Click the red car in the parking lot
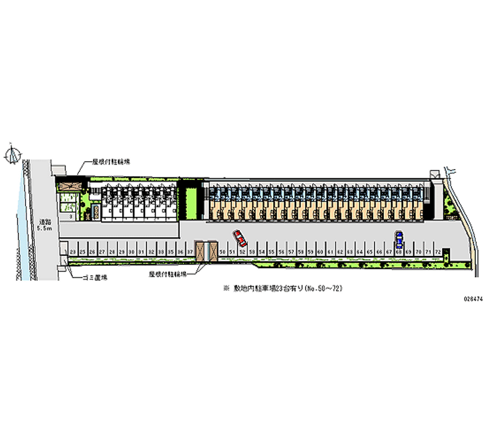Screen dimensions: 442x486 coord(239,235)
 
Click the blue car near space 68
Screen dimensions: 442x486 coord(399,237)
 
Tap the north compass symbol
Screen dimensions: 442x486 coord(13,156)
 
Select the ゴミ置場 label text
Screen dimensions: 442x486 coord(95,277)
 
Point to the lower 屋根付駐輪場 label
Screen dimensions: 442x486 coord(167,275)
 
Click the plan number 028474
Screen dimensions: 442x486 coord(471,299)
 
